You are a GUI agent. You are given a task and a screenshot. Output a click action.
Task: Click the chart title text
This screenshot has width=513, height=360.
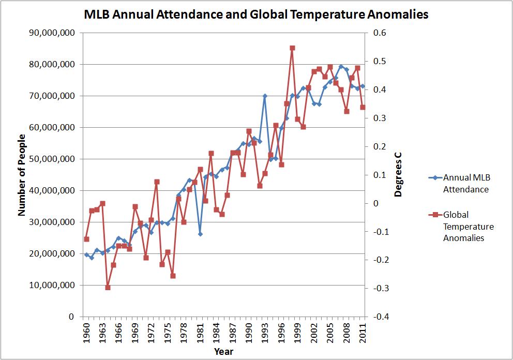[256, 14]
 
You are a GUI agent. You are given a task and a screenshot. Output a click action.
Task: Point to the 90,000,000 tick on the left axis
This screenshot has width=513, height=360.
[53, 33]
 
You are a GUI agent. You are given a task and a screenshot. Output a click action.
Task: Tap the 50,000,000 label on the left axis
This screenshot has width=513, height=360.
[53, 159]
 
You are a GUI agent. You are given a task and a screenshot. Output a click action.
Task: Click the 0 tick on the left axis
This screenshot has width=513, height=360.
[71, 317]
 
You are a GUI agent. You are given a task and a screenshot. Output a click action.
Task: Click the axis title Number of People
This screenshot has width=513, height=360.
[22, 174]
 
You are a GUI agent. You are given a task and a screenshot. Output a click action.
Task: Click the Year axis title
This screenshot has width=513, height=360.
[224, 352]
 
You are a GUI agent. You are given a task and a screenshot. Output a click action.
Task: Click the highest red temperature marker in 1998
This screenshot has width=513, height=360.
[292, 48]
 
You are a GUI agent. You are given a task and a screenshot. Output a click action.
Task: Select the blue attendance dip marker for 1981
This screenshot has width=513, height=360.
[200, 234]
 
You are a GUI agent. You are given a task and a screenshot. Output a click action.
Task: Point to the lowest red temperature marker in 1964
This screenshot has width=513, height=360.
[108, 287]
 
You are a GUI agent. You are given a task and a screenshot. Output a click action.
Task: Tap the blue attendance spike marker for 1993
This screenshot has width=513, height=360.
[265, 96]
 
